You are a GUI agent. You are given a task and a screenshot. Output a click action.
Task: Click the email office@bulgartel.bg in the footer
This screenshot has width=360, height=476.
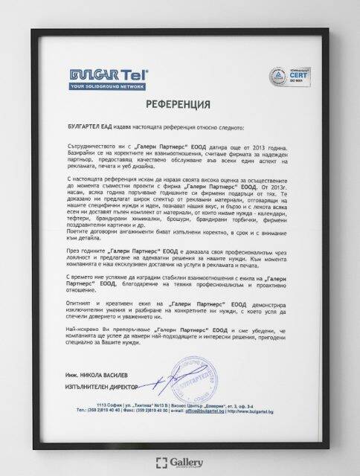(210, 409)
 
